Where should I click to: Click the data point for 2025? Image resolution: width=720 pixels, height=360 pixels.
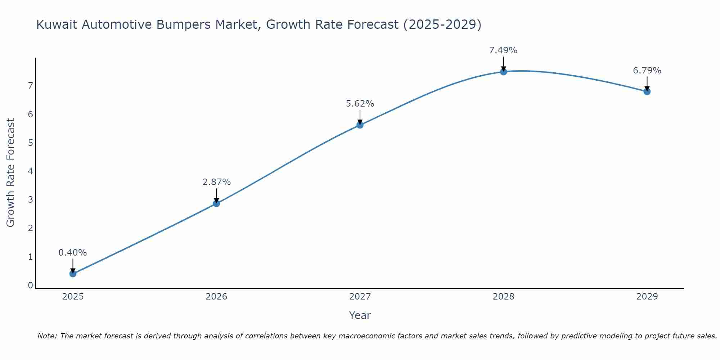point(73,274)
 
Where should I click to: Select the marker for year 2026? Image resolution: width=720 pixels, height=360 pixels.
point(216,203)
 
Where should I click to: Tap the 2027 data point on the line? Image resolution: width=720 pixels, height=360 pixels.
point(360,125)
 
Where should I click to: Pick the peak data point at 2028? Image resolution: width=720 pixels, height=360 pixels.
point(503,72)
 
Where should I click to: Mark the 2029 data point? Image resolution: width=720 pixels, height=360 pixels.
point(647,91)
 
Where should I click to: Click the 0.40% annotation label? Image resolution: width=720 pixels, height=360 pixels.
point(73,253)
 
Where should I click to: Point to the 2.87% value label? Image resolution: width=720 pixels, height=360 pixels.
point(216,182)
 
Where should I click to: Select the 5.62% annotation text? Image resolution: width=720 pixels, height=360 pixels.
point(360,104)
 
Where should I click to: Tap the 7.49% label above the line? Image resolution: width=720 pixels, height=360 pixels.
point(503,50)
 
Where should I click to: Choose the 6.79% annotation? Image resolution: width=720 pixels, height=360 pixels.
point(647,71)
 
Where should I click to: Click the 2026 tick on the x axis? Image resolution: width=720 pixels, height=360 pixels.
point(216,297)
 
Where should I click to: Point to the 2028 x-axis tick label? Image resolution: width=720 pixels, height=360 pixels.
point(503,297)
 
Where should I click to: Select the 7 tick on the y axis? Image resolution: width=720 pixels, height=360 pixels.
point(30,85)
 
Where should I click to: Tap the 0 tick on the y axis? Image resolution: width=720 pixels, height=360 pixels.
point(30,285)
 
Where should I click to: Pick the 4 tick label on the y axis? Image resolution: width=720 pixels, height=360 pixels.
point(30,171)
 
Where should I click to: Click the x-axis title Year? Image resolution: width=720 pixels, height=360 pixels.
point(360,315)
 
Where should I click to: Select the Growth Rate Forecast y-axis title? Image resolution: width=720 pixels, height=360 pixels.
point(11,173)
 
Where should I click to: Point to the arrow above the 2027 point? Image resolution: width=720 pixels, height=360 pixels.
point(360,117)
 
